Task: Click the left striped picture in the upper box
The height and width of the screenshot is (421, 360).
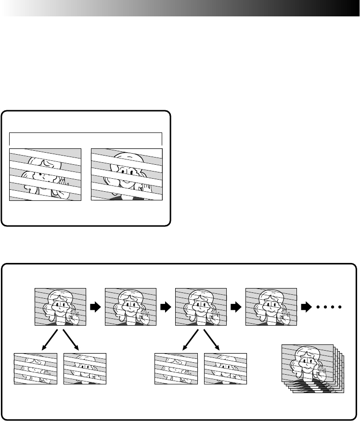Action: (x=46, y=174)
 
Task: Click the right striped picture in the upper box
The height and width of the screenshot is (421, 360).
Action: (x=127, y=174)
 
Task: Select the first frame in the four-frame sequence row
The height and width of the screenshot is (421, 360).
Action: (x=60, y=307)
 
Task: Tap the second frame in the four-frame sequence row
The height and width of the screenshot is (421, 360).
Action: (x=130, y=307)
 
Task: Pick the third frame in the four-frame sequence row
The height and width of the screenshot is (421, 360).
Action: (x=201, y=307)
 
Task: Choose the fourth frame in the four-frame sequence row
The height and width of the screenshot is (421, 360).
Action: (x=271, y=307)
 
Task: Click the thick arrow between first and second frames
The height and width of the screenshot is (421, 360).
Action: (x=96, y=307)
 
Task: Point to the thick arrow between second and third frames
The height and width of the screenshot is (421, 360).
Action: (x=166, y=307)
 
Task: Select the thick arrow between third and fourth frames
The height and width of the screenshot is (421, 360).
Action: (x=236, y=307)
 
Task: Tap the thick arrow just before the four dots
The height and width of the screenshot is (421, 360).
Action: (x=307, y=307)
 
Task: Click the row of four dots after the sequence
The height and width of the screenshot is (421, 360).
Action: (x=329, y=307)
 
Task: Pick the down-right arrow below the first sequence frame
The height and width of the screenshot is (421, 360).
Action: (x=70, y=340)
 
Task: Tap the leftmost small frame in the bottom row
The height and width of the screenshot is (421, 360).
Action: (x=35, y=369)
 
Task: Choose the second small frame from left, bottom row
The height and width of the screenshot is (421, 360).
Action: (x=85, y=369)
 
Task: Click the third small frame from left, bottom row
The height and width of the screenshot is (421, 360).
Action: (x=176, y=369)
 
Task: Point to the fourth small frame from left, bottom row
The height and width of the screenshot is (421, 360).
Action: (x=225, y=369)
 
